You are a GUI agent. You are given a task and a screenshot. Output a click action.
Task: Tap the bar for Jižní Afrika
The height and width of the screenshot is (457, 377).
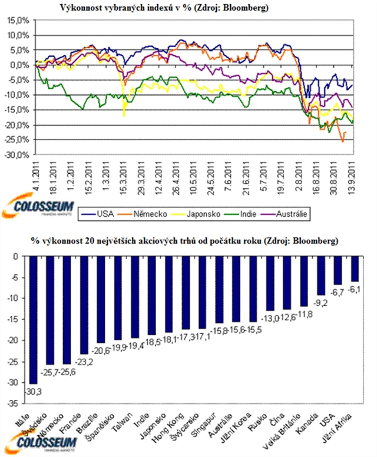coord(354,269)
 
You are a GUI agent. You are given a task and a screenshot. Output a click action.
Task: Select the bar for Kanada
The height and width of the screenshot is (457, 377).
coord(322,275)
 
